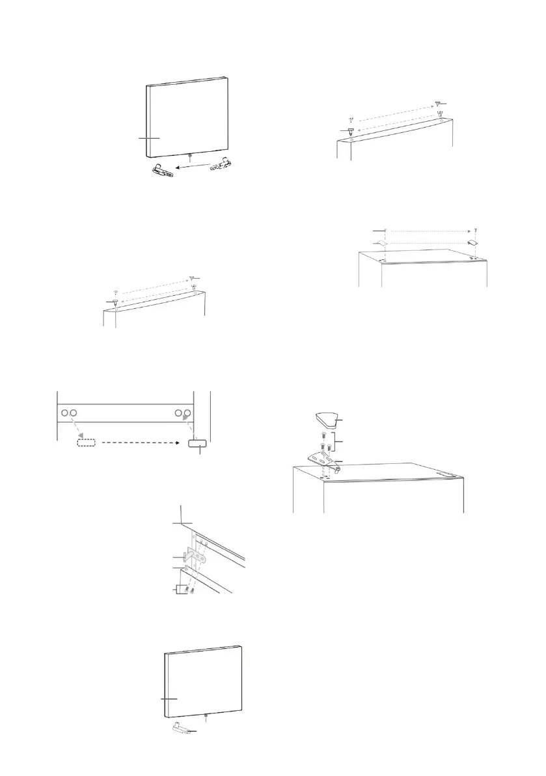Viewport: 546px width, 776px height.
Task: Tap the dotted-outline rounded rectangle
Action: [x=86, y=442]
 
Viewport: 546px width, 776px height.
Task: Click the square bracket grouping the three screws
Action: [x=334, y=444]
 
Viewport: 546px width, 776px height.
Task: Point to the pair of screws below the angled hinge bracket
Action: [x=188, y=590]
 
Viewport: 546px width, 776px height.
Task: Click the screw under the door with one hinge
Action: [x=206, y=719]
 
